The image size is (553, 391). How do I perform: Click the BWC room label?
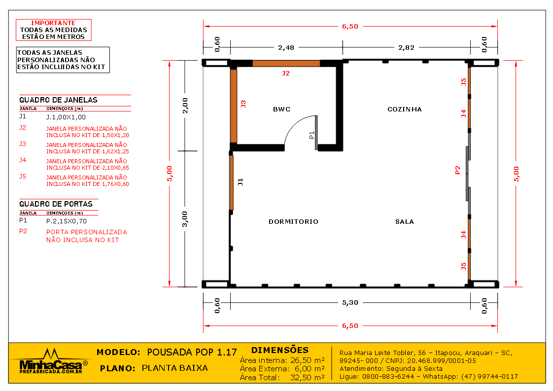[x=281, y=109]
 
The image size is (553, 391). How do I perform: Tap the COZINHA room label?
[x=405, y=109]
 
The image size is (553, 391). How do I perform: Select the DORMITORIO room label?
[x=293, y=221]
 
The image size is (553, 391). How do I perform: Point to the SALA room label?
[x=405, y=221]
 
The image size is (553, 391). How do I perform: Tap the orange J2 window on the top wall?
[x=286, y=64]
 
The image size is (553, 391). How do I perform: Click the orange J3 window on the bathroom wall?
[x=234, y=106]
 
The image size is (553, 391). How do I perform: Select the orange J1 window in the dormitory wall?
[x=231, y=182]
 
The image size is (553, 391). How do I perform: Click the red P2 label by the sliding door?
[x=458, y=170]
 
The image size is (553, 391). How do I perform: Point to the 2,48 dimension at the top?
[x=286, y=47]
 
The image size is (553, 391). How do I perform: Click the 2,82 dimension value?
[x=406, y=47]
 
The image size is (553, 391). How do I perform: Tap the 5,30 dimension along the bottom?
[x=350, y=302]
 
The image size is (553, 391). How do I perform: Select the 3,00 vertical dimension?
[x=185, y=219]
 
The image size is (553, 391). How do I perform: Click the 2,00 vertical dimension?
[x=185, y=106]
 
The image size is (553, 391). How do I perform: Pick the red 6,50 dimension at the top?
[x=350, y=26]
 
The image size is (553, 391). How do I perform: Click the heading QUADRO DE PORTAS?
[x=56, y=204]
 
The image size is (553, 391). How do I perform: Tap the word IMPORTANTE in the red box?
[x=53, y=23]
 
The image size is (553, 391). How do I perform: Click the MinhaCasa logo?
[x=51, y=361]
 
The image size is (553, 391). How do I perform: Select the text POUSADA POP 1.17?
[x=192, y=352]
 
